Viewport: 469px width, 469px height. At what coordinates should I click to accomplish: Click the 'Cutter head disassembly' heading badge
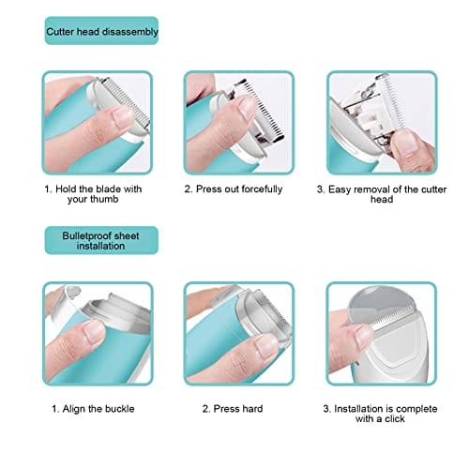pyautogui.click(x=101, y=31)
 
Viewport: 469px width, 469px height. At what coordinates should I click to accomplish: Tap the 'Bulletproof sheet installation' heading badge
pyautogui.click(x=101, y=240)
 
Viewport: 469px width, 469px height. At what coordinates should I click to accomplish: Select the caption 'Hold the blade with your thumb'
pyautogui.click(x=93, y=194)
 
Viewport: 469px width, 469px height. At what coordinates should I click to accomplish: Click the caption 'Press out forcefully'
pyautogui.click(x=234, y=189)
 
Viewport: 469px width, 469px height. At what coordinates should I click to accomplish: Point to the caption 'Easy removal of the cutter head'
pyautogui.click(x=382, y=194)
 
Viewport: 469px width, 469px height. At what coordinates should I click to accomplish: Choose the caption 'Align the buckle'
pyautogui.click(x=93, y=409)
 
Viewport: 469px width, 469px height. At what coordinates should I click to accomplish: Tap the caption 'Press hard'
pyautogui.click(x=233, y=409)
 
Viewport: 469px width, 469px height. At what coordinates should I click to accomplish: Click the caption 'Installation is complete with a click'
pyautogui.click(x=380, y=414)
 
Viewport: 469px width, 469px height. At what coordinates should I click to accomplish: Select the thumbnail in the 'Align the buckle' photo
pyautogui.click(x=93, y=332)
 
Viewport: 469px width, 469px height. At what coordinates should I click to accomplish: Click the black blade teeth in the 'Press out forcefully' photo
pyautogui.click(x=263, y=110)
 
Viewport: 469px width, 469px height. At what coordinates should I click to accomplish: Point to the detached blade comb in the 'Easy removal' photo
pyautogui.click(x=392, y=100)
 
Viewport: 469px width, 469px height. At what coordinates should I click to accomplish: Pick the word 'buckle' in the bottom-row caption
pyautogui.click(x=120, y=409)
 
